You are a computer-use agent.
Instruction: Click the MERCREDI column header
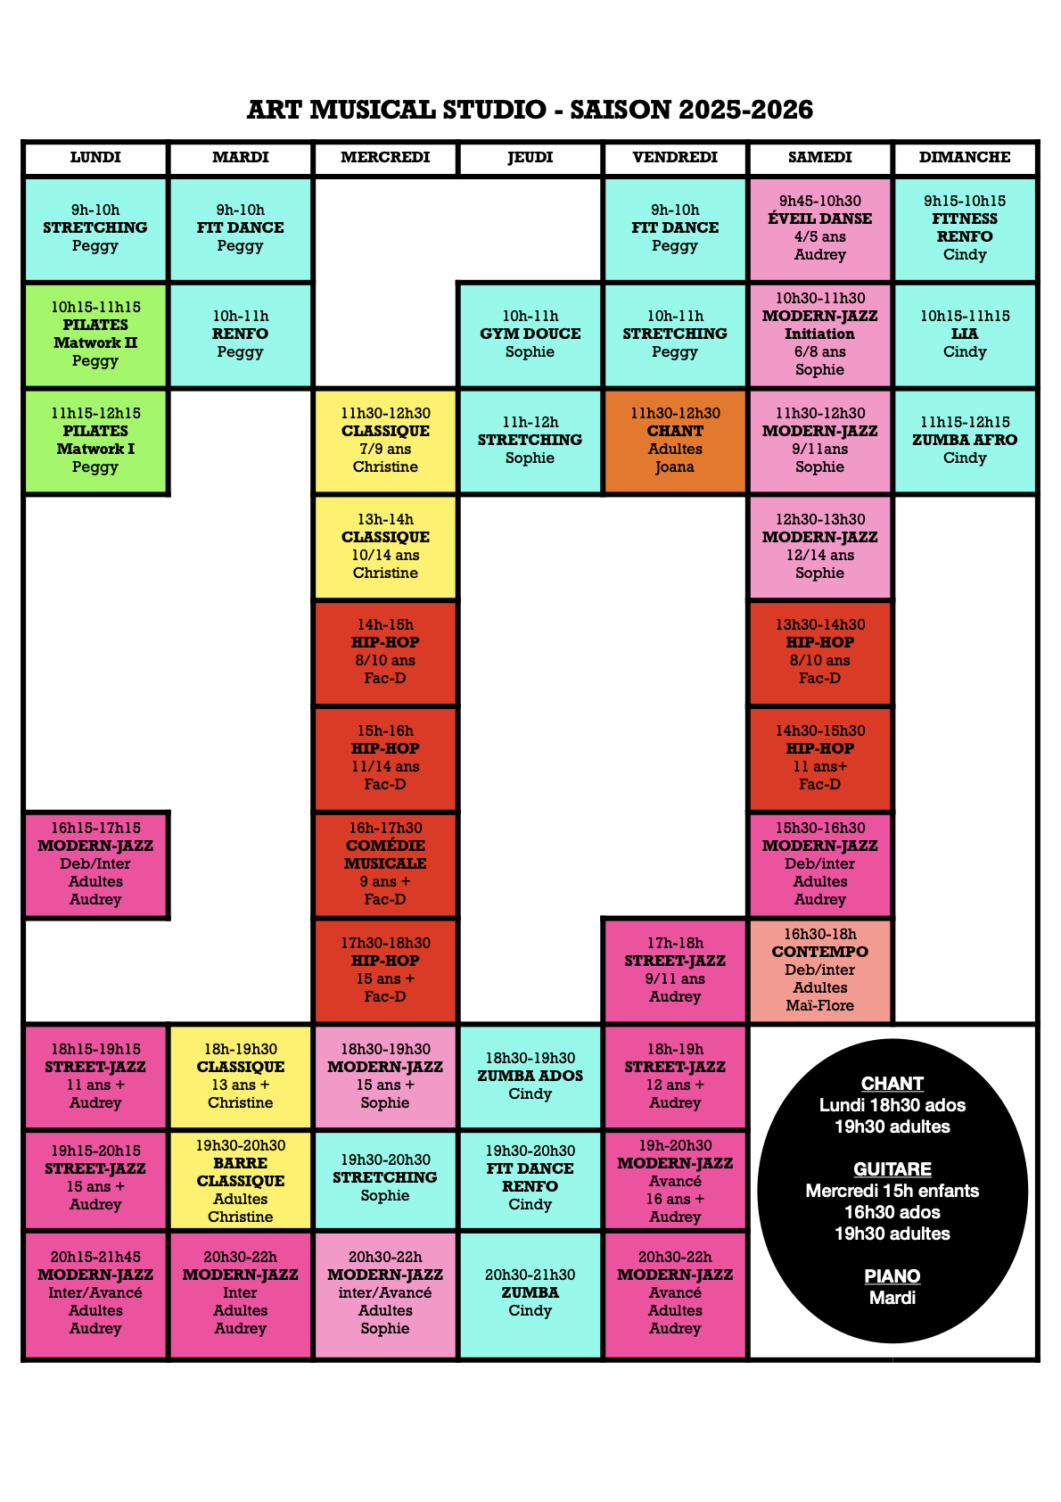pos(385,158)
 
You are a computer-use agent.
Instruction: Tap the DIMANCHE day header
pos(965,158)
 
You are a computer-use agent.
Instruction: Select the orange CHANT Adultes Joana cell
pos(675,441)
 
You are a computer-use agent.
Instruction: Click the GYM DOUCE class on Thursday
pos(530,334)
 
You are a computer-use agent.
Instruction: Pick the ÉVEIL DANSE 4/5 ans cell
pos(819,228)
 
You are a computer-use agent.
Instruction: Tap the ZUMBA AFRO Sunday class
pos(965,441)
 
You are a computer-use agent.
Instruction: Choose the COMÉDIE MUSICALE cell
pos(385,863)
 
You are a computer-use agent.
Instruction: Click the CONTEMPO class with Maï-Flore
pos(819,970)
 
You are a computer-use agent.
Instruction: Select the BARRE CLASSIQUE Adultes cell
pos(241,1180)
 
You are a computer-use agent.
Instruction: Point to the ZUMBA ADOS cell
pos(530,1076)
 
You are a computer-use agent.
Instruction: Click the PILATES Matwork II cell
pos(95,334)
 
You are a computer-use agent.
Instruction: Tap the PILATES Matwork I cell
pos(95,441)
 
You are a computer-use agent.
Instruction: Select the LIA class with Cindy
pos(965,334)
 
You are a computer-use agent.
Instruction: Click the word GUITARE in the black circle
pos(892,1169)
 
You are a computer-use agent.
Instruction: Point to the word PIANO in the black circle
pos(892,1276)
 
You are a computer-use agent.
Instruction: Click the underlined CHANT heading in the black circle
pos(892,1084)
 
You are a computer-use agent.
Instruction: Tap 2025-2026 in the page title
pos(746,110)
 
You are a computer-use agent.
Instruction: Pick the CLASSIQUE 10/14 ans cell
pos(385,547)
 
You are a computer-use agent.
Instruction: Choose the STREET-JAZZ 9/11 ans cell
pos(675,970)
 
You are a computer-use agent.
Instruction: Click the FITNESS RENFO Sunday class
pos(965,228)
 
